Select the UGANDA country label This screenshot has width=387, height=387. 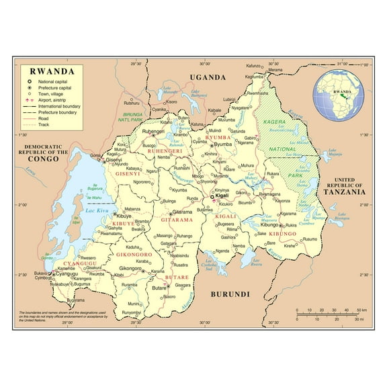[x=208, y=77]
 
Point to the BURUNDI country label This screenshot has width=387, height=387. [x=230, y=294]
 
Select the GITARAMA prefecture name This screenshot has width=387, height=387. [x=177, y=220]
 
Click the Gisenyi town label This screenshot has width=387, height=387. [x=114, y=160]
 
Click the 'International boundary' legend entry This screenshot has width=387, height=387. [x=61, y=106]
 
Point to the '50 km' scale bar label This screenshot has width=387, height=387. [x=360, y=310]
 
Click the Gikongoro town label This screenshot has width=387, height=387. [x=130, y=268]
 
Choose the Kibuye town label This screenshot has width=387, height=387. [x=124, y=216]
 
